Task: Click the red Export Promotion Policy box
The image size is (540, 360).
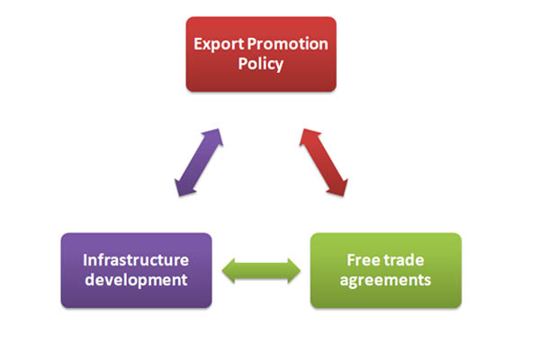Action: point(261,54)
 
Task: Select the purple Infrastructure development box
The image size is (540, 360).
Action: point(136,270)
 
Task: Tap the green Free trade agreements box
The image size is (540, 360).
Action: point(385,270)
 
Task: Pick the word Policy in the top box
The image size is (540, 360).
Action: point(261,65)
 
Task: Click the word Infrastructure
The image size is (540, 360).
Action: point(136,260)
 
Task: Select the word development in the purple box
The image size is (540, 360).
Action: point(136,280)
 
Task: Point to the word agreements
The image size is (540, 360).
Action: point(385,280)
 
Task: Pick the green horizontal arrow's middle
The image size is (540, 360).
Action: point(261,269)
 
